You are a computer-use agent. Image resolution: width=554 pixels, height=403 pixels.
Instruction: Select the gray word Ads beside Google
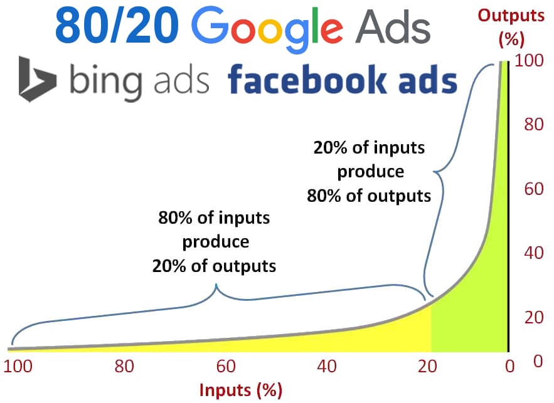point(393,27)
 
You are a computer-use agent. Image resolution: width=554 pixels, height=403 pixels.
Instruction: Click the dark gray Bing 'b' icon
point(37,79)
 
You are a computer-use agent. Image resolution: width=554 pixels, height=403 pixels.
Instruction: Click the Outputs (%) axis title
point(511,27)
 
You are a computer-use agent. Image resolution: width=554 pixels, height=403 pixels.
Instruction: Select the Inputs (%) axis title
point(240,390)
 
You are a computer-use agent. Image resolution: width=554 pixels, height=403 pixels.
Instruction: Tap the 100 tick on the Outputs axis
point(528,60)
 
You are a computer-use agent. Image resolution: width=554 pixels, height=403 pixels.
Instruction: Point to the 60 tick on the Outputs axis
point(533,189)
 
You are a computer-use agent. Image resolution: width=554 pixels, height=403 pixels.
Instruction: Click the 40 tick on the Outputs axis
point(533,253)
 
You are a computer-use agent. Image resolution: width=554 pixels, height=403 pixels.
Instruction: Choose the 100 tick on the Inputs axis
point(18,366)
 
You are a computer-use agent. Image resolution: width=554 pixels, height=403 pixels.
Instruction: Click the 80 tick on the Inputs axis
point(124,366)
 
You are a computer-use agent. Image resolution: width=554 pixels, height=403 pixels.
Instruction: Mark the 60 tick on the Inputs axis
point(226,366)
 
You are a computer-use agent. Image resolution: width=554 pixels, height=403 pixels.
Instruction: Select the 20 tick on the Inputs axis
point(427,366)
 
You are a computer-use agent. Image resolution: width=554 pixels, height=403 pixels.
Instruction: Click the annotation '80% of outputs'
point(369,196)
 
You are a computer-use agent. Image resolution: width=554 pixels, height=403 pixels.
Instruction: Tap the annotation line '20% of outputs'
point(214,266)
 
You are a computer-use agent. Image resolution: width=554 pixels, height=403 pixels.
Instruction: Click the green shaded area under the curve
point(481,300)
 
